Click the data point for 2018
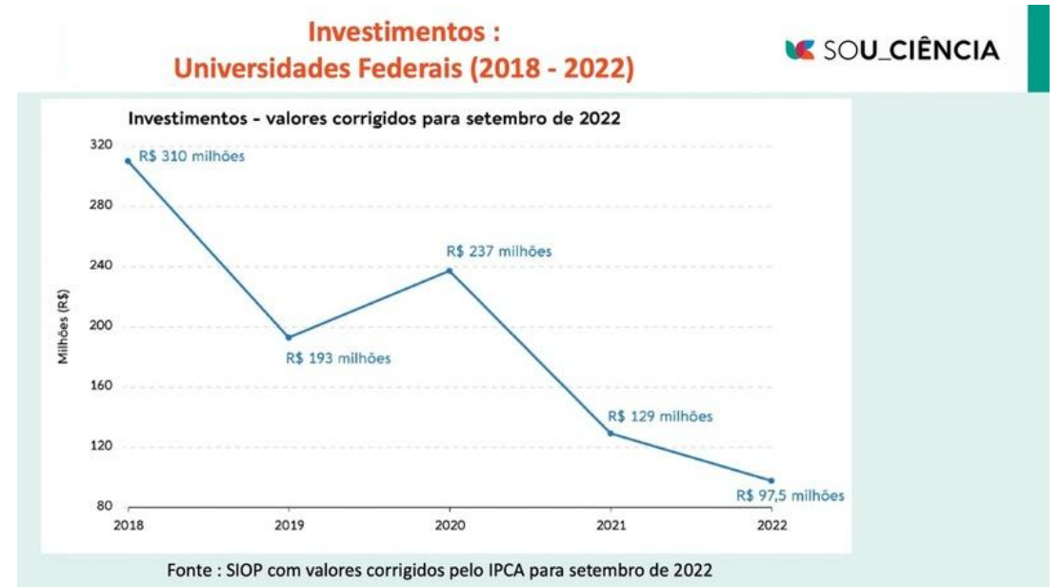coord(129,160)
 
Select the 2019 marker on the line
coord(289,337)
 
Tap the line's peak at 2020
coord(450,271)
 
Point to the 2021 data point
coord(610,434)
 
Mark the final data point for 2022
coord(771,480)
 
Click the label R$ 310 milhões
coord(191,156)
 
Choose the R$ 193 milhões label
coord(338,358)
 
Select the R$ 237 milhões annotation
coord(499,252)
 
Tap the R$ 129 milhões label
coord(659,416)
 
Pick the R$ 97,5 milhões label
coord(790,496)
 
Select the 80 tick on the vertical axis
coord(104,506)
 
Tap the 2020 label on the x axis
coord(450,526)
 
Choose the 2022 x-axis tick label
coord(771,526)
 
